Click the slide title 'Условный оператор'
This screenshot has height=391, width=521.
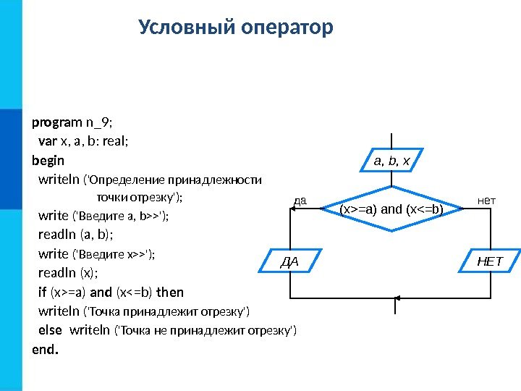(236, 28)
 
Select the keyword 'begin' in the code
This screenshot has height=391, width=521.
(48, 160)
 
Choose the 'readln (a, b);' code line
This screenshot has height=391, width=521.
(76, 235)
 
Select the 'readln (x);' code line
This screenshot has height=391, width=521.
(68, 273)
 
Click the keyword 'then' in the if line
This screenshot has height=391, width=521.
(170, 292)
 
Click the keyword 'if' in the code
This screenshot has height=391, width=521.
(41, 292)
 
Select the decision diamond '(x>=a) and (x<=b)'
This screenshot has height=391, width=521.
(391, 209)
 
